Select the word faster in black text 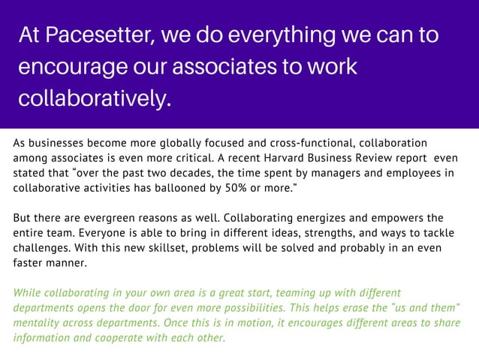click(30, 264)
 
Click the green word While click(29, 292)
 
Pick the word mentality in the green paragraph click(38, 322)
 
